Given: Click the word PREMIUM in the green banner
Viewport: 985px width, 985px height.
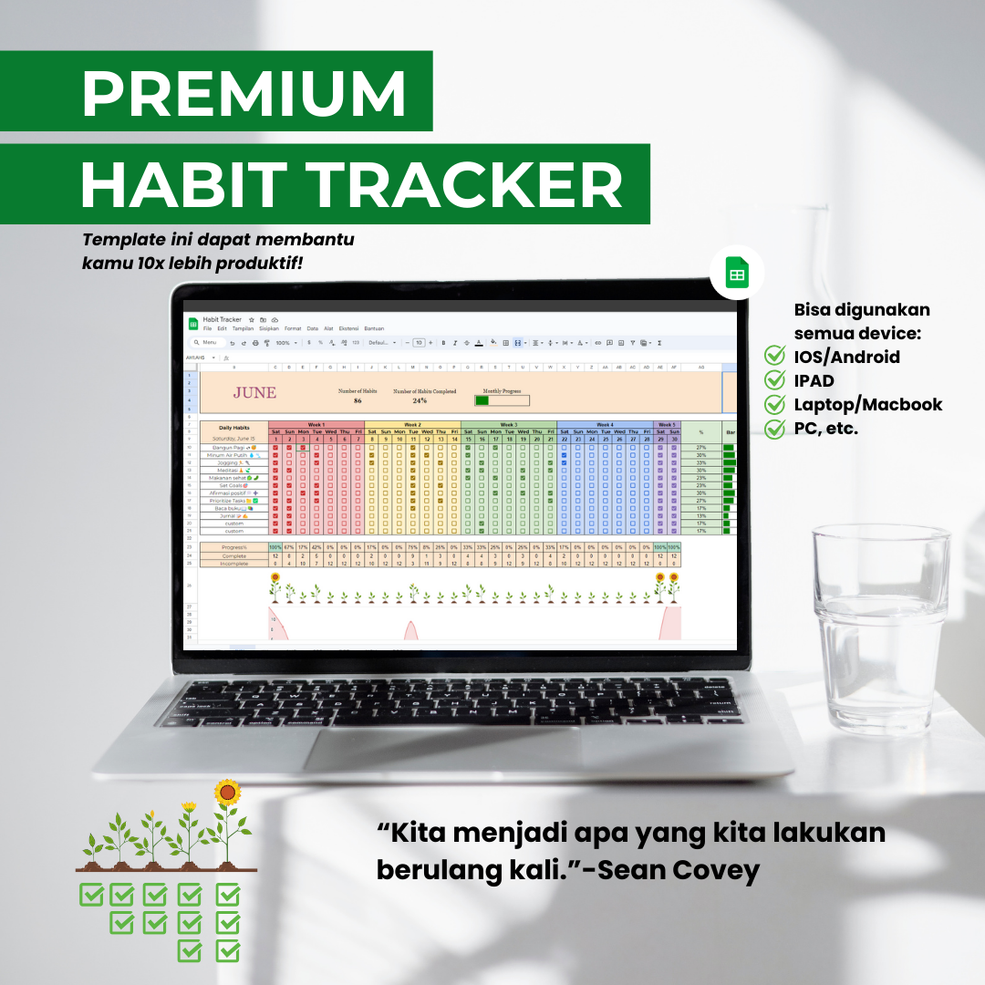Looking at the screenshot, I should tap(244, 91).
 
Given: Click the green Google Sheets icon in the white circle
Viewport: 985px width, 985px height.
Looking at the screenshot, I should tap(737, 274).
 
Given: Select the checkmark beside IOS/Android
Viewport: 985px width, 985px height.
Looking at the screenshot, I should tap(775, 357).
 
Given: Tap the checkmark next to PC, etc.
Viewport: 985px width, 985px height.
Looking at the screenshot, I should tap(775, 428).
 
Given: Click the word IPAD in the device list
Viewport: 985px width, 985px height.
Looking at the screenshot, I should tap(814, 380).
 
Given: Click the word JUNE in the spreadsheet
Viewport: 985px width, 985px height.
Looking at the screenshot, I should tap(254, 393).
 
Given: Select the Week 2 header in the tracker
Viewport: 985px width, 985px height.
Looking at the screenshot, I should tap(412, 424).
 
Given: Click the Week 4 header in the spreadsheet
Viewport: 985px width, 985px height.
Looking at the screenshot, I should tap(605, 424).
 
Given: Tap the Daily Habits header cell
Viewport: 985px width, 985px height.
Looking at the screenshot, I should tap(234, 427).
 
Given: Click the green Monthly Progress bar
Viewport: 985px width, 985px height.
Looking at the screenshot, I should tap(482, 400).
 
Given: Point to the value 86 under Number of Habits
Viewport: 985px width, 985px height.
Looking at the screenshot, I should tap(358, 400).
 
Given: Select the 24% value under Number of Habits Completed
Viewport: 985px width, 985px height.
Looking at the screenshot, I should tap(420, 400).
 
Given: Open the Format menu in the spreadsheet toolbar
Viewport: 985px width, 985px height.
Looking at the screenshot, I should tap(293, 327).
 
